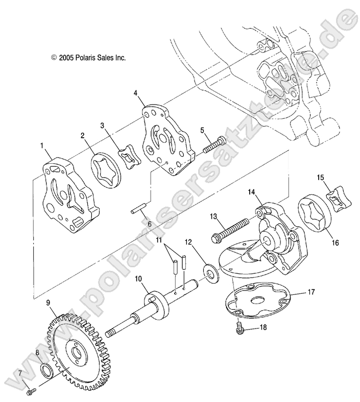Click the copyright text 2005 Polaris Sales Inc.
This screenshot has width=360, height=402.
(x=88, y=58)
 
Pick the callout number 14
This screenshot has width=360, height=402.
(x=251, y=192)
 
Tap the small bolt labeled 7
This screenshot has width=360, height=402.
(x=30, y=392)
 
